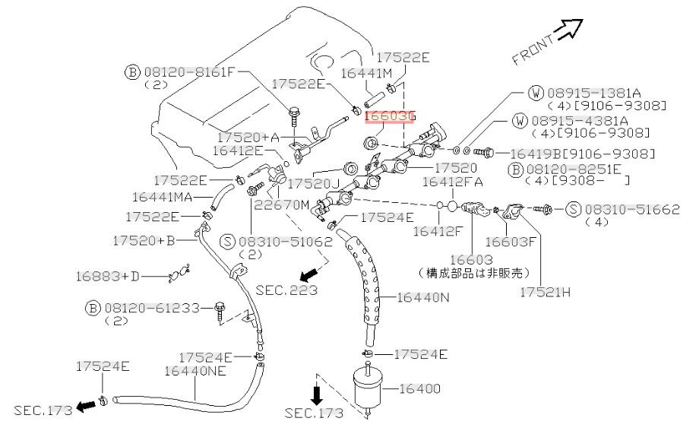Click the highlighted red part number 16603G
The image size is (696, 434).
(x=389, y=116)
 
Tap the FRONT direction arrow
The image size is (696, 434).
(x=567, y=31)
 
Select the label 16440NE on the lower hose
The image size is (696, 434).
(x=195, y=372)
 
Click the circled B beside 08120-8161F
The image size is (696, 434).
(x=132, y=72)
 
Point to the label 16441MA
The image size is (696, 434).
(x=162, y=197)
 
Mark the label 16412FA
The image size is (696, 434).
(x=452, y=182)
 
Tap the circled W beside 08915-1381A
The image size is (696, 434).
(x=536, y=93)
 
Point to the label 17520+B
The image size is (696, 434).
(x=144, y=241)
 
